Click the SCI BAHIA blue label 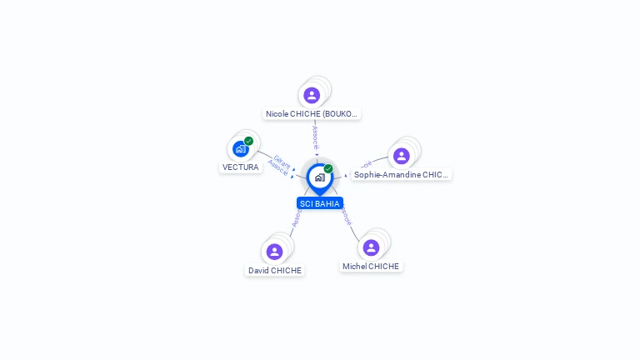click(320, 203)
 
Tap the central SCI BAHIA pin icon click(320, 177)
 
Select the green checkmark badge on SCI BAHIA click(328, 169)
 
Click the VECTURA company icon click(241, 149)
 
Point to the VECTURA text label click(241, 167)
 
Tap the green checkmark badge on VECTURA click(248, 142)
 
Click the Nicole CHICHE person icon click(312, 95)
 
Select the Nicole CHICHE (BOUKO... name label click(312, 113)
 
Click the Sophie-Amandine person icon click(402, 156)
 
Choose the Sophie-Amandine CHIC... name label click(401, 175)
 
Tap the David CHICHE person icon click(275, 252)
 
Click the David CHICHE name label click(275, 270)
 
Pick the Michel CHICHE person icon click(371, 247)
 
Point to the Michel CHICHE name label click(371, 267)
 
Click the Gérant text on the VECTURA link click(282, 162)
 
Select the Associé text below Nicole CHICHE click(315, 137)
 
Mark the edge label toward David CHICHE click(296, 219)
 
